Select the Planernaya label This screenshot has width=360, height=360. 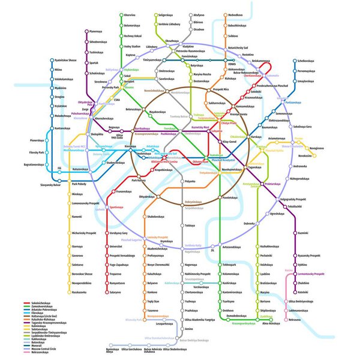click(95, 31)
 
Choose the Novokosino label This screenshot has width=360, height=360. click(305, 155)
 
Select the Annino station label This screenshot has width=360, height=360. click(189, 329)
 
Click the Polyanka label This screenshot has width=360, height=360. click(190, 181)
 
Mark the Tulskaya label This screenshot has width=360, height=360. click(190, 225)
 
